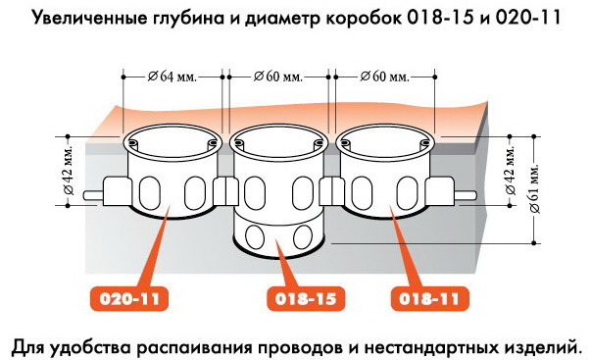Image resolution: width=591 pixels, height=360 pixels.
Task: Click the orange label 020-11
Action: (x=129, y=299)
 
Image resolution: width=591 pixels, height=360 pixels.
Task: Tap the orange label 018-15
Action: (x=306, y=299)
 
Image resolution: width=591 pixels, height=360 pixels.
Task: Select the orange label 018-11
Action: (x=429, y=299)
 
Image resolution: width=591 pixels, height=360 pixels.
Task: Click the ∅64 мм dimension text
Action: (x=172, y=77)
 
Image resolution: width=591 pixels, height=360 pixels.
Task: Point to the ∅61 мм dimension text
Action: (x=534, y=188)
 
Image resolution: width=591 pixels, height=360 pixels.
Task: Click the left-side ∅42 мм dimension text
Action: (x=69, y=171)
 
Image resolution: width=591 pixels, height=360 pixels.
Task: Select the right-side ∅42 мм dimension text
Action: (x=510, y=171)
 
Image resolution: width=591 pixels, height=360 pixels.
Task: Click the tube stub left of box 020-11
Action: (x=93, y=196)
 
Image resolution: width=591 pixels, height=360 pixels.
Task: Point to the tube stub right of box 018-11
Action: (x=466, y=196)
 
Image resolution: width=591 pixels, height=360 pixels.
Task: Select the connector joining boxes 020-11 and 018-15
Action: (x=225, y=191)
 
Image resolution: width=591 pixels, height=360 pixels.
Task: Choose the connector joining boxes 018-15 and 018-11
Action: (x=331, y=191)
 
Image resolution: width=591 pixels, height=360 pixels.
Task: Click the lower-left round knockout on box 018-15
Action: (x=255, y=236)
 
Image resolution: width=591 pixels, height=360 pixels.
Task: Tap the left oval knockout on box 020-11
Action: (x=150, y=192)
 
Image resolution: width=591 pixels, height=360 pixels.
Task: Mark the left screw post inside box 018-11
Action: (x=344, y=143)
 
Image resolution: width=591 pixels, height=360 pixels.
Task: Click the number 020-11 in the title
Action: (x=527, y=18)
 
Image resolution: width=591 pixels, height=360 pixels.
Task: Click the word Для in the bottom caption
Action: (x=29, y=347)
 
